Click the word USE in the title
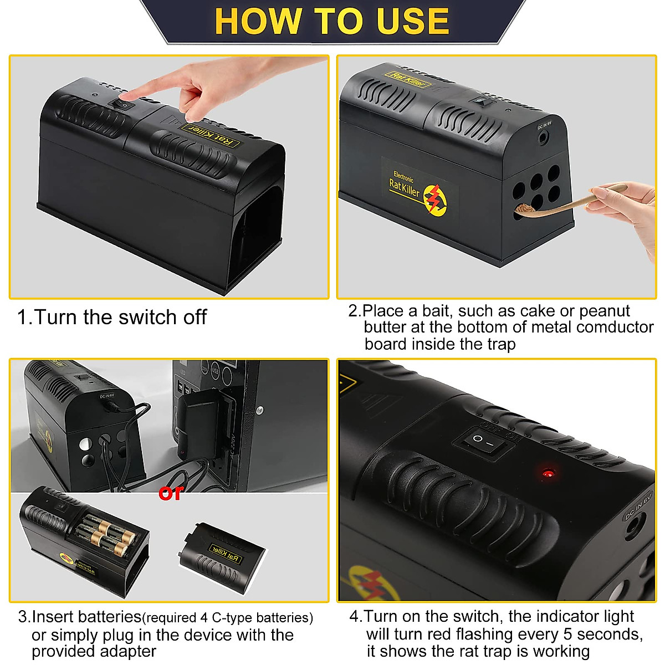[x=413, y=21]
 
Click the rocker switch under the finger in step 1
[x=123, y=104]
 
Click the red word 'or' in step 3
[x=170, y=493]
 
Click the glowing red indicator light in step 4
[x=548, y=474]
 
